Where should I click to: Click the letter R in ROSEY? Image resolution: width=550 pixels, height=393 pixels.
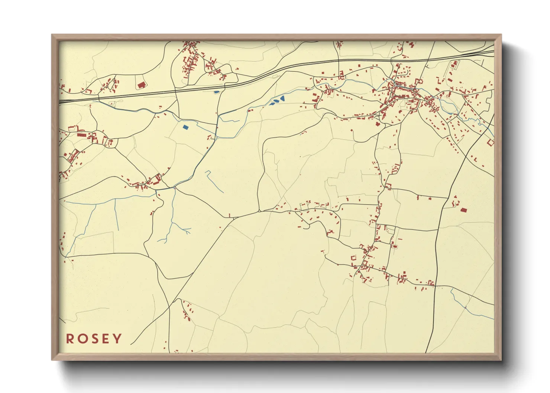tap(70, 339)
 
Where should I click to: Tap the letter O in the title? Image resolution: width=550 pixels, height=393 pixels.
tap(82, 339)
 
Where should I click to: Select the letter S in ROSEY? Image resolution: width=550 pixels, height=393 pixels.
tap(94, 339)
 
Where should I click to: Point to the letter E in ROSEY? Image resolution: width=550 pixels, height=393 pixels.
tap(106, 339)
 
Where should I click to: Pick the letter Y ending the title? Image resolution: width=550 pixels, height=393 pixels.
tap(117, 339)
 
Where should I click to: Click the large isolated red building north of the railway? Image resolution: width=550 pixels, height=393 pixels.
tap(141, 85)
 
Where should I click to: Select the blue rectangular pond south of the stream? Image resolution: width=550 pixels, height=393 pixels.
tap(185, 127)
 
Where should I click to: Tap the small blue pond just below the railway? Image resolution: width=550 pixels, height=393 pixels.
tap(217, 92)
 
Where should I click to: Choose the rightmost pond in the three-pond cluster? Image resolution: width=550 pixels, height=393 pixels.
tap(282, 99)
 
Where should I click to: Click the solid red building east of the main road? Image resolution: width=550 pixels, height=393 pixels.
tap(463, 210)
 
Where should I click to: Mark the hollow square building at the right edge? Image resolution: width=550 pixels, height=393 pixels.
tap(490, 142)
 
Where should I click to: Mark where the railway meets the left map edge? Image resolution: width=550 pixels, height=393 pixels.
tap(60, 101)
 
